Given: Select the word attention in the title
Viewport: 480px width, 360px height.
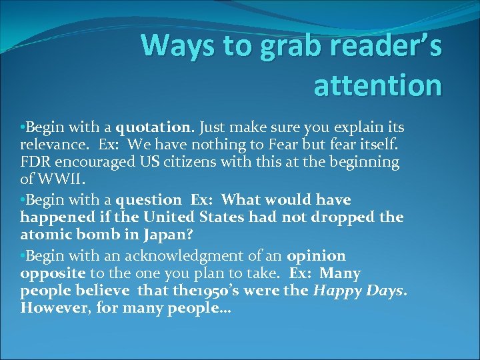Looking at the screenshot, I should [377, 86].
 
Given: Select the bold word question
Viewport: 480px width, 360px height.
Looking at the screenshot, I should [149, 199].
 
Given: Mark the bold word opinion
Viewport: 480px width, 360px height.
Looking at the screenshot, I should [316, 256].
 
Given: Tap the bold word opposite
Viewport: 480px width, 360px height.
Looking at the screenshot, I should [53, 273].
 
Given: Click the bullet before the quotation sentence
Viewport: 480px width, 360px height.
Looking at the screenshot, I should [23, 127].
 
